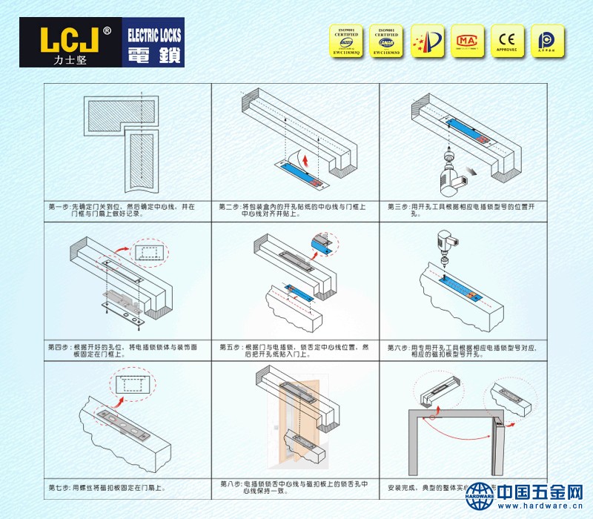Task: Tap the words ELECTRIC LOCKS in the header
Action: coord(154,35)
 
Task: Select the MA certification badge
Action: coord(466,41)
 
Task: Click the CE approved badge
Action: coord(507,41)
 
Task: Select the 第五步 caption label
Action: coord(231,346)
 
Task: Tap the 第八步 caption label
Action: coord(231,484)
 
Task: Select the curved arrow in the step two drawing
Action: coord(300,156)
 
